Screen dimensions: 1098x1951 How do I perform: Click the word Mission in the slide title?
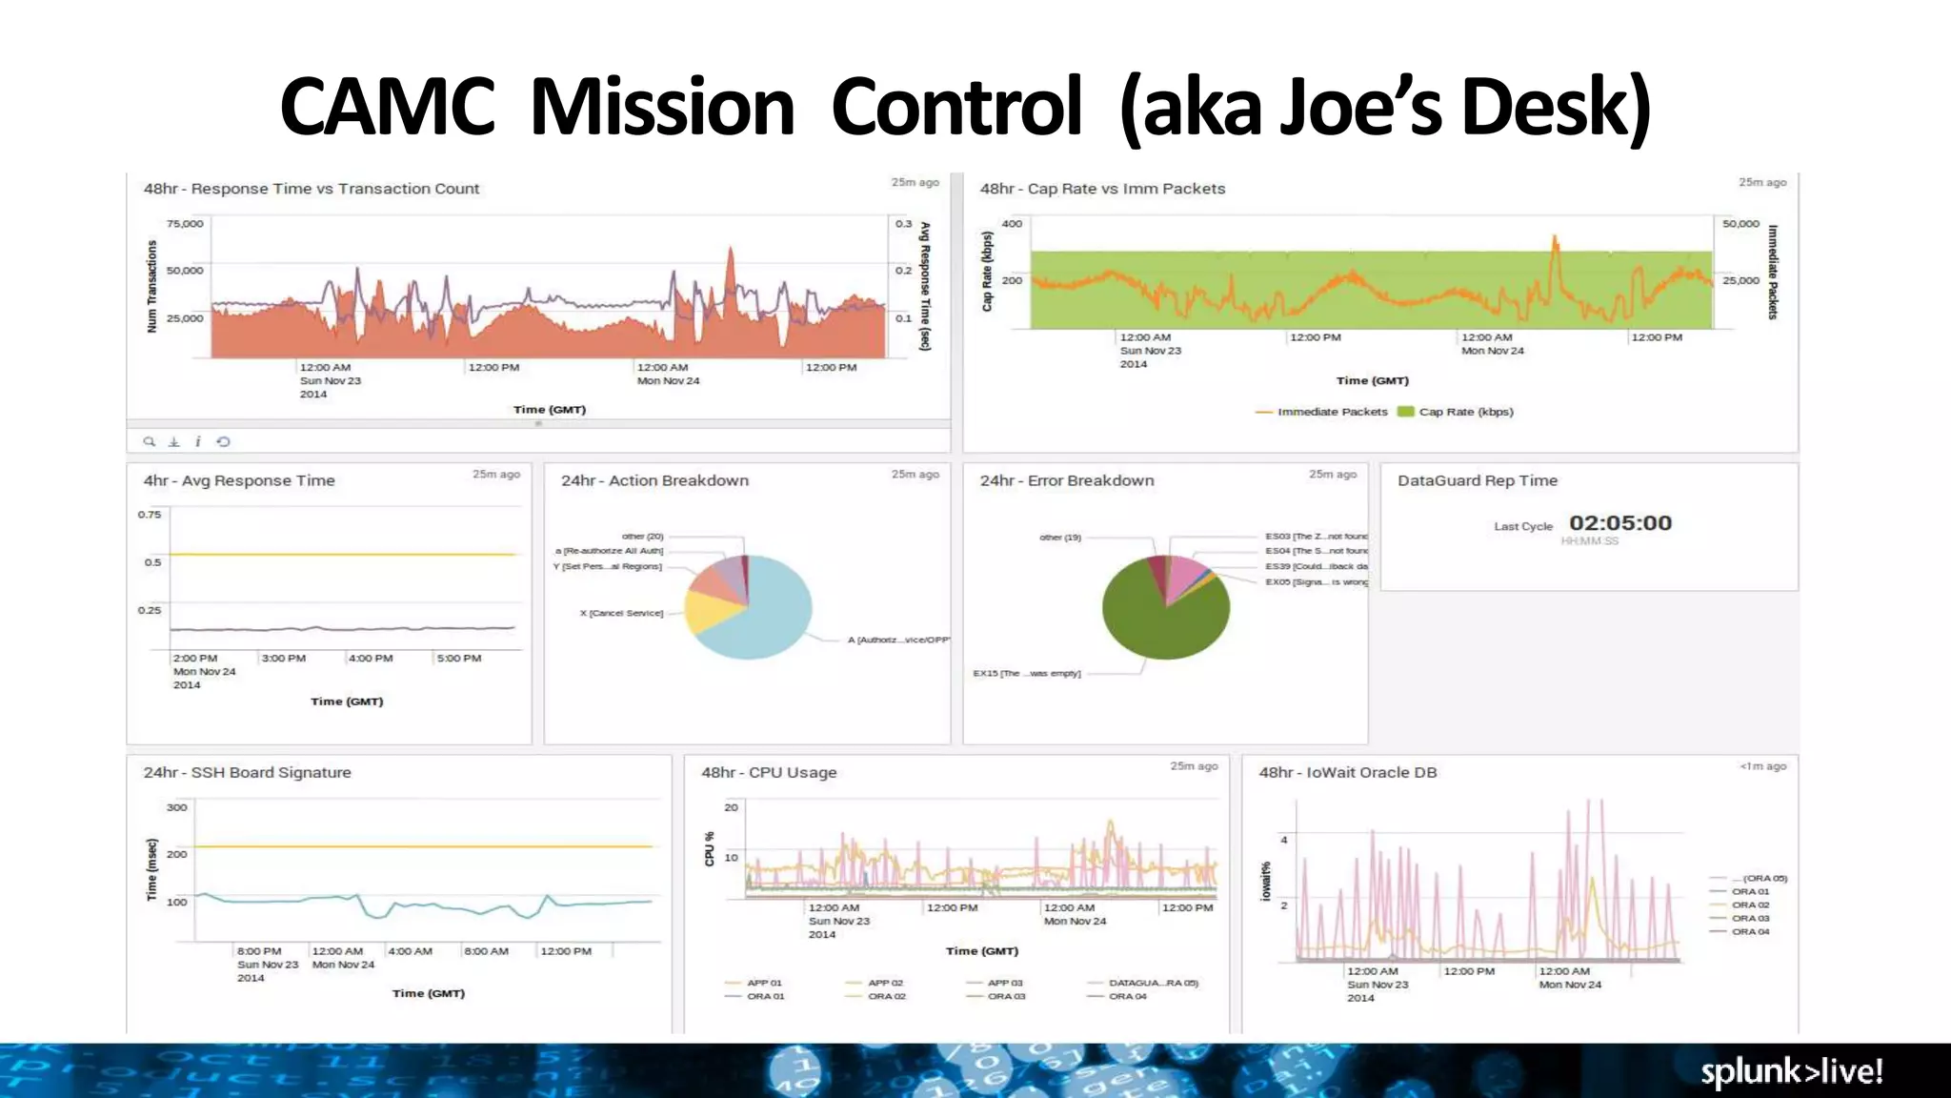pos(661,107)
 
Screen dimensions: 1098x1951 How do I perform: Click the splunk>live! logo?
pos(1791,1071)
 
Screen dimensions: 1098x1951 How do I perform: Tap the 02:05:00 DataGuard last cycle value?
pos(1619,523)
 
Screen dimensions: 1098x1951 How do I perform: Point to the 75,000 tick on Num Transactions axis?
pos(185,224)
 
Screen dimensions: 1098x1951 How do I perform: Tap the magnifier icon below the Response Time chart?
pos(149,441)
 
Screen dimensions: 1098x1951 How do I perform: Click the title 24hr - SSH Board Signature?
pos(247,772)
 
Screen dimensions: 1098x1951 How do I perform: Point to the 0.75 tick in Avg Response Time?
pos(150,515)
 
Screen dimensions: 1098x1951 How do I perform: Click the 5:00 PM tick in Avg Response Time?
pos(458,659)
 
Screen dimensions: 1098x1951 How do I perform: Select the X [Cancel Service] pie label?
pos(621,613)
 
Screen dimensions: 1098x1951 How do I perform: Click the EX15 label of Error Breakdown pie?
pos(1026,673)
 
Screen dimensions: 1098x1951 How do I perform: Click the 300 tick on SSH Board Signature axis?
pos(176,807)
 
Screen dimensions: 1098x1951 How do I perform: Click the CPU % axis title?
pos(709,848)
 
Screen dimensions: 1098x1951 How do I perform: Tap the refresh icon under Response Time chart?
pos(223,441)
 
